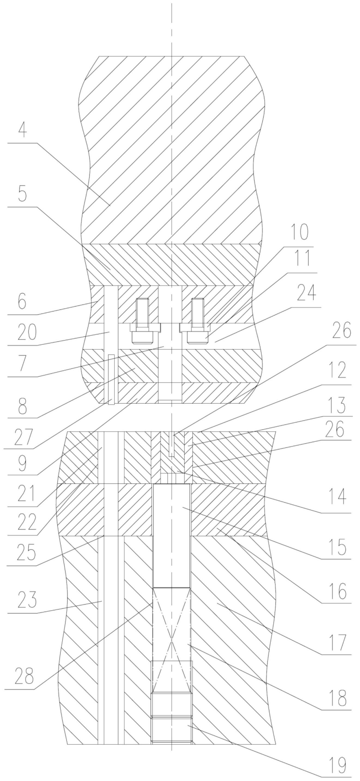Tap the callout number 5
click(x=22, y=194)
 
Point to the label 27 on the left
click(x=22, y=438)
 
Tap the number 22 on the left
click(x=27, y=522)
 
